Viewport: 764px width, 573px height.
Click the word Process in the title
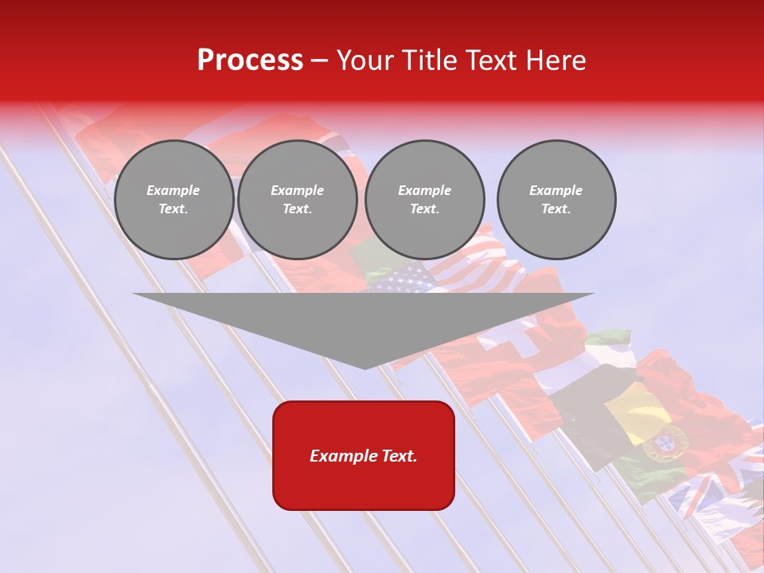point(250,60)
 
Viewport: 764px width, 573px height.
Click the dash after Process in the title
point(319,61)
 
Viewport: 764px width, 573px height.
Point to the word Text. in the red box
point(399,456)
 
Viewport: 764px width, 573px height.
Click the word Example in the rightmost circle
point(555,190)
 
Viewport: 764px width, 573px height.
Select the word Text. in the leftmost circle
point(173,209)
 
